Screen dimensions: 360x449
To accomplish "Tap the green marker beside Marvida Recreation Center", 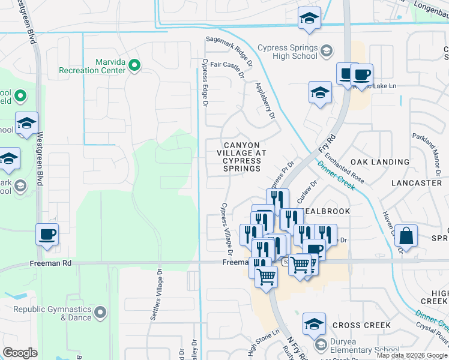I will click(134, 65).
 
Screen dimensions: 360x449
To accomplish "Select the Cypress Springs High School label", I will click(288, 52).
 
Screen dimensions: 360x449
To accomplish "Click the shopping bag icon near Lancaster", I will click(406, 236).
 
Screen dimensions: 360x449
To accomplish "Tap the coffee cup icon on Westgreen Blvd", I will click(47, 234).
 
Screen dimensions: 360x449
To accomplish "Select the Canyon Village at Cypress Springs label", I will click(242, 157).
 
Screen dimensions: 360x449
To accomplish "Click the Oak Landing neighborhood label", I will click(379, 162).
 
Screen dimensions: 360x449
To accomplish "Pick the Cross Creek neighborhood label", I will click(361, 325).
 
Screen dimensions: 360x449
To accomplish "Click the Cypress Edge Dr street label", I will click(205, 82).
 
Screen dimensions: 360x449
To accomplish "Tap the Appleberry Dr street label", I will click(264, 100).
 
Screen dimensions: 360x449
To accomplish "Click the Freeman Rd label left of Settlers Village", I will click(50, 263).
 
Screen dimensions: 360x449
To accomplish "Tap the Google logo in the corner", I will click(19, 353).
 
